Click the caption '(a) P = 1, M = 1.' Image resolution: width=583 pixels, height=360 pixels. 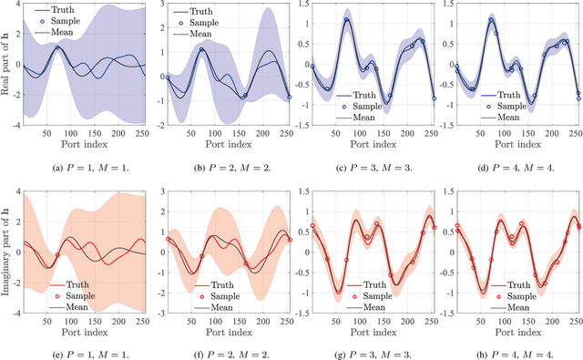pyautogui.click(x=81, y=167)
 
